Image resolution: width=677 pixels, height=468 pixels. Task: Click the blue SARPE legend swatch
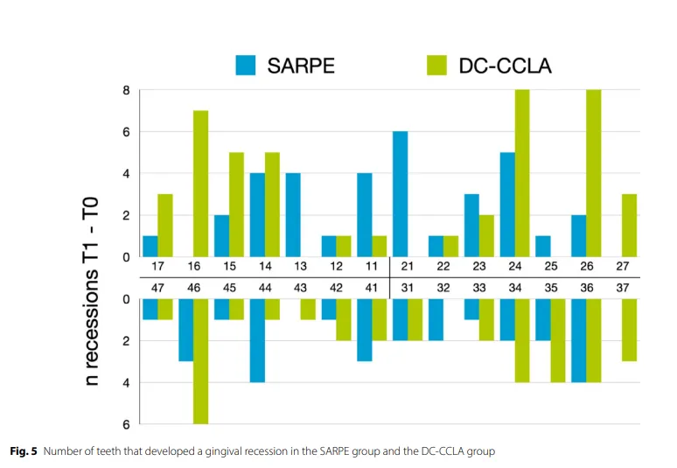[x=246, y=64]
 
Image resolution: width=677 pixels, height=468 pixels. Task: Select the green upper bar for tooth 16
[x=200, y=184]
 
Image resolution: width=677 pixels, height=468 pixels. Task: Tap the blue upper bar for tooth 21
[x=400, y=194]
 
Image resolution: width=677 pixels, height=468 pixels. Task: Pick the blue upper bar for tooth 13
[x=292, y=215]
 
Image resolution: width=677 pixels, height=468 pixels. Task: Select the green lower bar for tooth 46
[x=200, y=362]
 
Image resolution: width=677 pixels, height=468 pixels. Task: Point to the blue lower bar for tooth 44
[x=257, y=341]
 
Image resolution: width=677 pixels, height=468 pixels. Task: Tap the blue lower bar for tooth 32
[x=436, y=320]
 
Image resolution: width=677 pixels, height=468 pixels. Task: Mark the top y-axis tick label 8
[x=126, y=90]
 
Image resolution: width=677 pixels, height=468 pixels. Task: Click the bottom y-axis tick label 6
[x=126, y=425]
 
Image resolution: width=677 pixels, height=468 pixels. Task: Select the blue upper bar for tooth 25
[x=542, y=247]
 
